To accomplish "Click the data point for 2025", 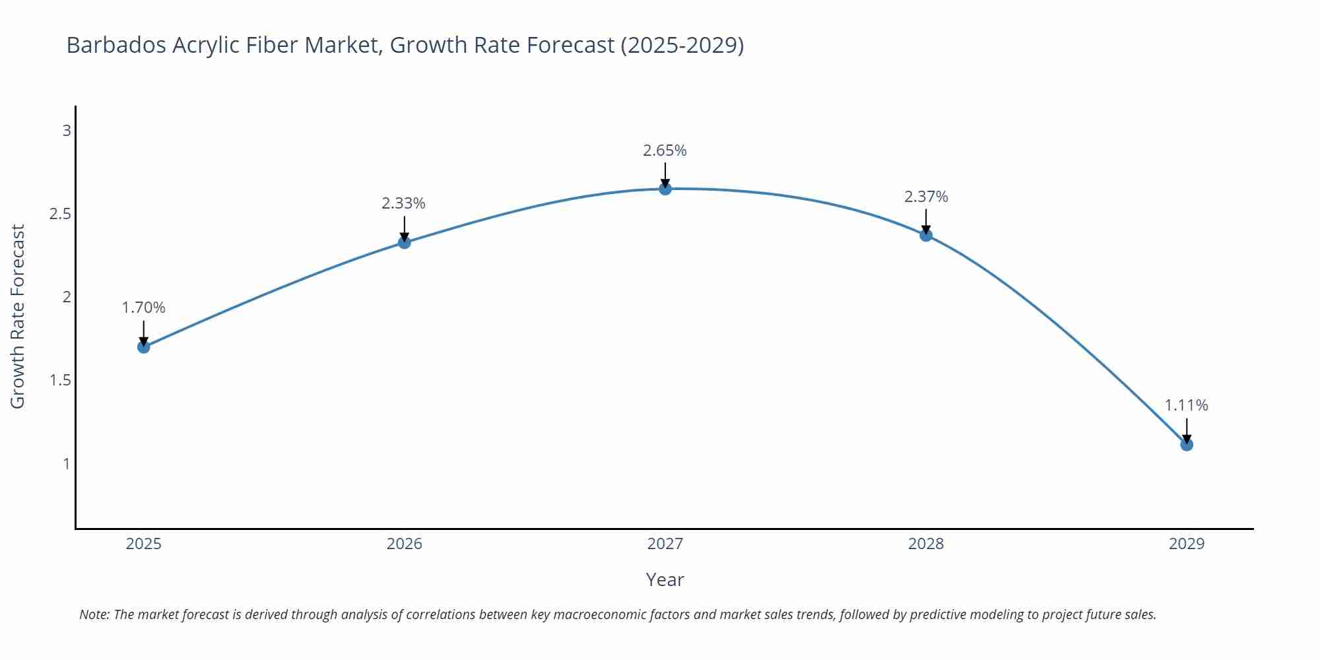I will (x=144, y=347).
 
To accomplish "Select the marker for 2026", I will (x=405, y=242).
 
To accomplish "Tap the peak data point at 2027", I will (x=665, y=189).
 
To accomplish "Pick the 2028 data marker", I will (x=926, y=235).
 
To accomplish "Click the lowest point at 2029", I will (x=1187, y=445).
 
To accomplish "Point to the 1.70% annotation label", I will (x=144, y=308).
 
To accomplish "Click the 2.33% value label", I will (x=403, y=203).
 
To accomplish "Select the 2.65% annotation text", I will (x=665, y=150).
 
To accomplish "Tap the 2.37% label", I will (x=926, y=197).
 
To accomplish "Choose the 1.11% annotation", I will (x=1186, y=405).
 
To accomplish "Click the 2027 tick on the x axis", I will (x=665, y=544).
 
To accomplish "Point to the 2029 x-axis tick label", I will (x=1187, y=544).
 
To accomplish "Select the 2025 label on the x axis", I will (x=144, y=544).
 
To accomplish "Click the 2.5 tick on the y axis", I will (x=60, y=214).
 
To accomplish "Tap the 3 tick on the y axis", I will (x=67, y=131).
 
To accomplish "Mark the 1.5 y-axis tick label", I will (x=60, y=380).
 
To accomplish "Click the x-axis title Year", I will (x=665, y=579).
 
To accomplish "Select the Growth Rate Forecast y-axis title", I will (x=18, y=316).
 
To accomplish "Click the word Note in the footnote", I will (x=94, y=614).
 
